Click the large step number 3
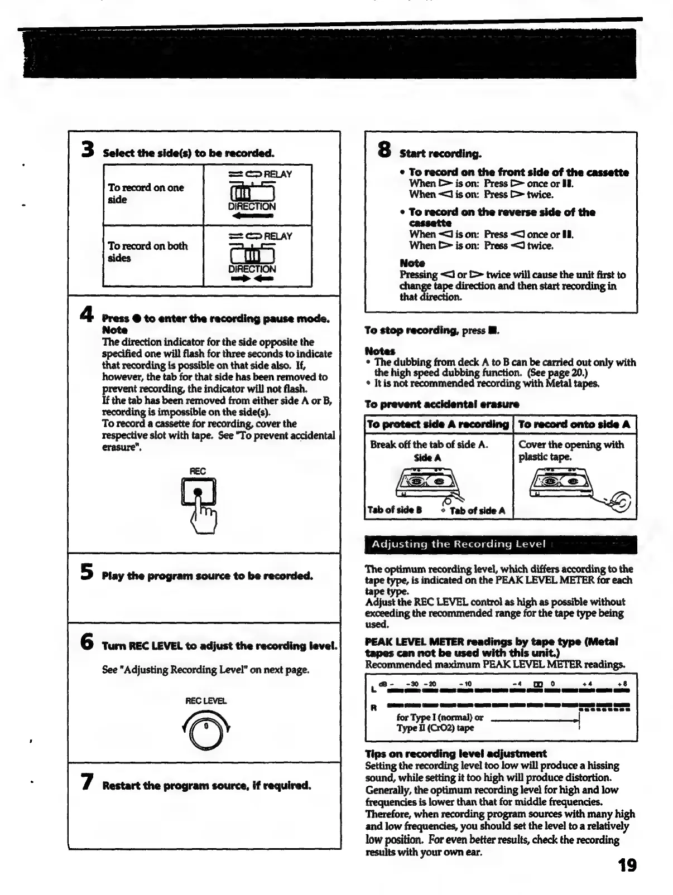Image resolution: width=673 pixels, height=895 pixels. click(x=87, y=149)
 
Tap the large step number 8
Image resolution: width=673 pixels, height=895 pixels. click(x=385, y=149)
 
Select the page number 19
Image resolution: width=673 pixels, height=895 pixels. click(x=627, y=865)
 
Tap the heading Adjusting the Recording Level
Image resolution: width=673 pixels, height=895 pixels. click(x=458, y=544)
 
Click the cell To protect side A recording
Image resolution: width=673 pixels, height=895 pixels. click(x=438, y=424)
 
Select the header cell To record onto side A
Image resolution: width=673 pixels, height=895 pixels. click(x=574, y=424)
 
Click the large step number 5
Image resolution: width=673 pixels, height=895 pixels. click(x=86, y=572)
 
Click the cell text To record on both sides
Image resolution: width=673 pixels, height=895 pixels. click(x=147, y=251)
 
